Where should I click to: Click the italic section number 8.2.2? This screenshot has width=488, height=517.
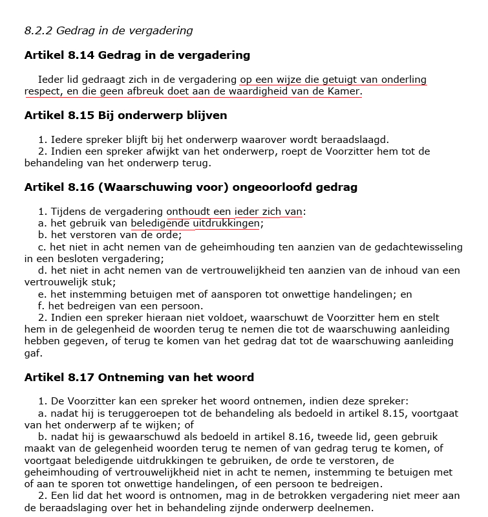tap(38, 30)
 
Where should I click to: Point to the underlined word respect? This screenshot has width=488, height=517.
tap(43, 91)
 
